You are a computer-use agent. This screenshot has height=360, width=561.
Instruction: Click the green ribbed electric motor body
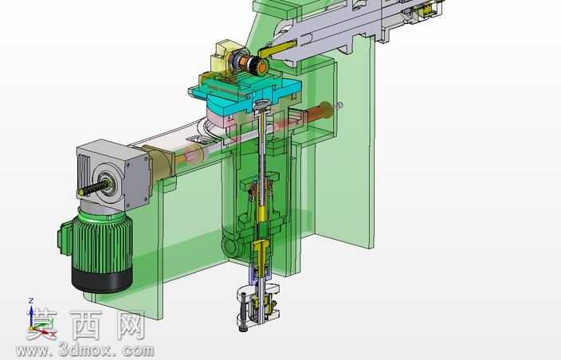[x=102, y=243]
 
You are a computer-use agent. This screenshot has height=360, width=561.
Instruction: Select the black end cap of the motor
[x=102, y=280]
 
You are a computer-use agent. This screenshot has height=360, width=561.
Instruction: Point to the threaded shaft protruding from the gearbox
[x=94, y=188]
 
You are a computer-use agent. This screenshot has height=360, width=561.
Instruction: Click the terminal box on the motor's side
[x=65, y=237]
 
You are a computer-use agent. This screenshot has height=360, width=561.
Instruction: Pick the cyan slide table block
[x=245, y=94]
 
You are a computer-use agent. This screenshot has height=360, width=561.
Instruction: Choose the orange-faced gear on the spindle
[x=262, y=66]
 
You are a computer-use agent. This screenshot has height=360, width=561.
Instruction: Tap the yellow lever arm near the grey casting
[x=277, y=49]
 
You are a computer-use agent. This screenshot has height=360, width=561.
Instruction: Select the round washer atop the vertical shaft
[x=263, y=105]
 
